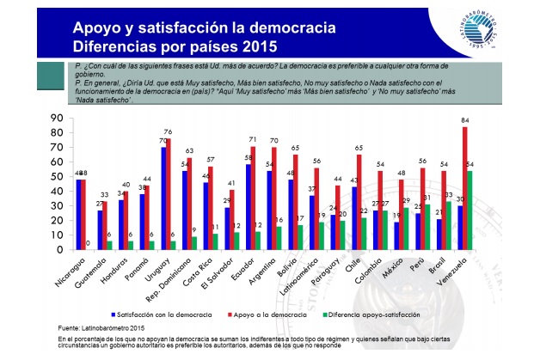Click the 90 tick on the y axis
(58, 118)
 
